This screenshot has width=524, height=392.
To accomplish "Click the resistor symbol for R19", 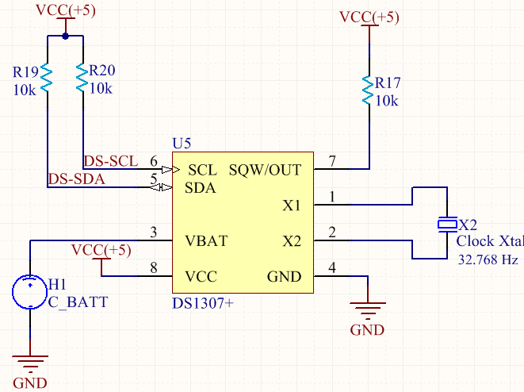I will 46,78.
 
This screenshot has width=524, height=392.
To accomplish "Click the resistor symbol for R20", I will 82,78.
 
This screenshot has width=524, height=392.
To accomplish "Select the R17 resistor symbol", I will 368,90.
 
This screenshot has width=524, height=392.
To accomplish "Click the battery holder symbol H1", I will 29,291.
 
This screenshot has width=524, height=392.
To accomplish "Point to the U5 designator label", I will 182,144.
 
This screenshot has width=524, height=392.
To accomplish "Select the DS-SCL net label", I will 111,160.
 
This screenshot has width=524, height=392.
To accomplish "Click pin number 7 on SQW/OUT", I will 333,161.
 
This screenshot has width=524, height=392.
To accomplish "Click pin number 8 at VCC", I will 155,268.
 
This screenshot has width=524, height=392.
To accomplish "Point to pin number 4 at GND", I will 333,268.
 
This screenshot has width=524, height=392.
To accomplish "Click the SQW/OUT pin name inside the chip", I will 265,170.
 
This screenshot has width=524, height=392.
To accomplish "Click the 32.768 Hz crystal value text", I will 488,259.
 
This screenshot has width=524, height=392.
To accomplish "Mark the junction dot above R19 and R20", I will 65,37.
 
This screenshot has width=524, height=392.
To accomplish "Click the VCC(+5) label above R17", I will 369,17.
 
